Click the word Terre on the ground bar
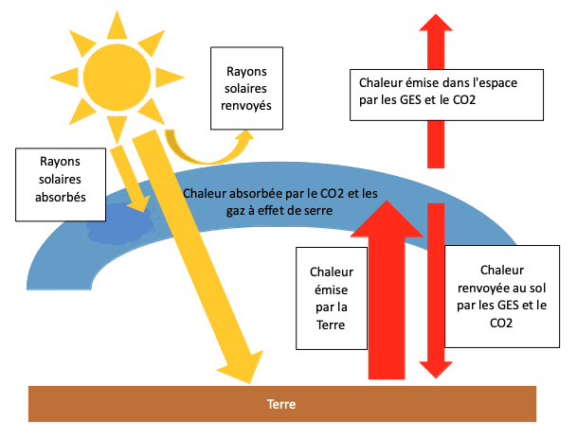282,404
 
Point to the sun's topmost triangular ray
117,24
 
